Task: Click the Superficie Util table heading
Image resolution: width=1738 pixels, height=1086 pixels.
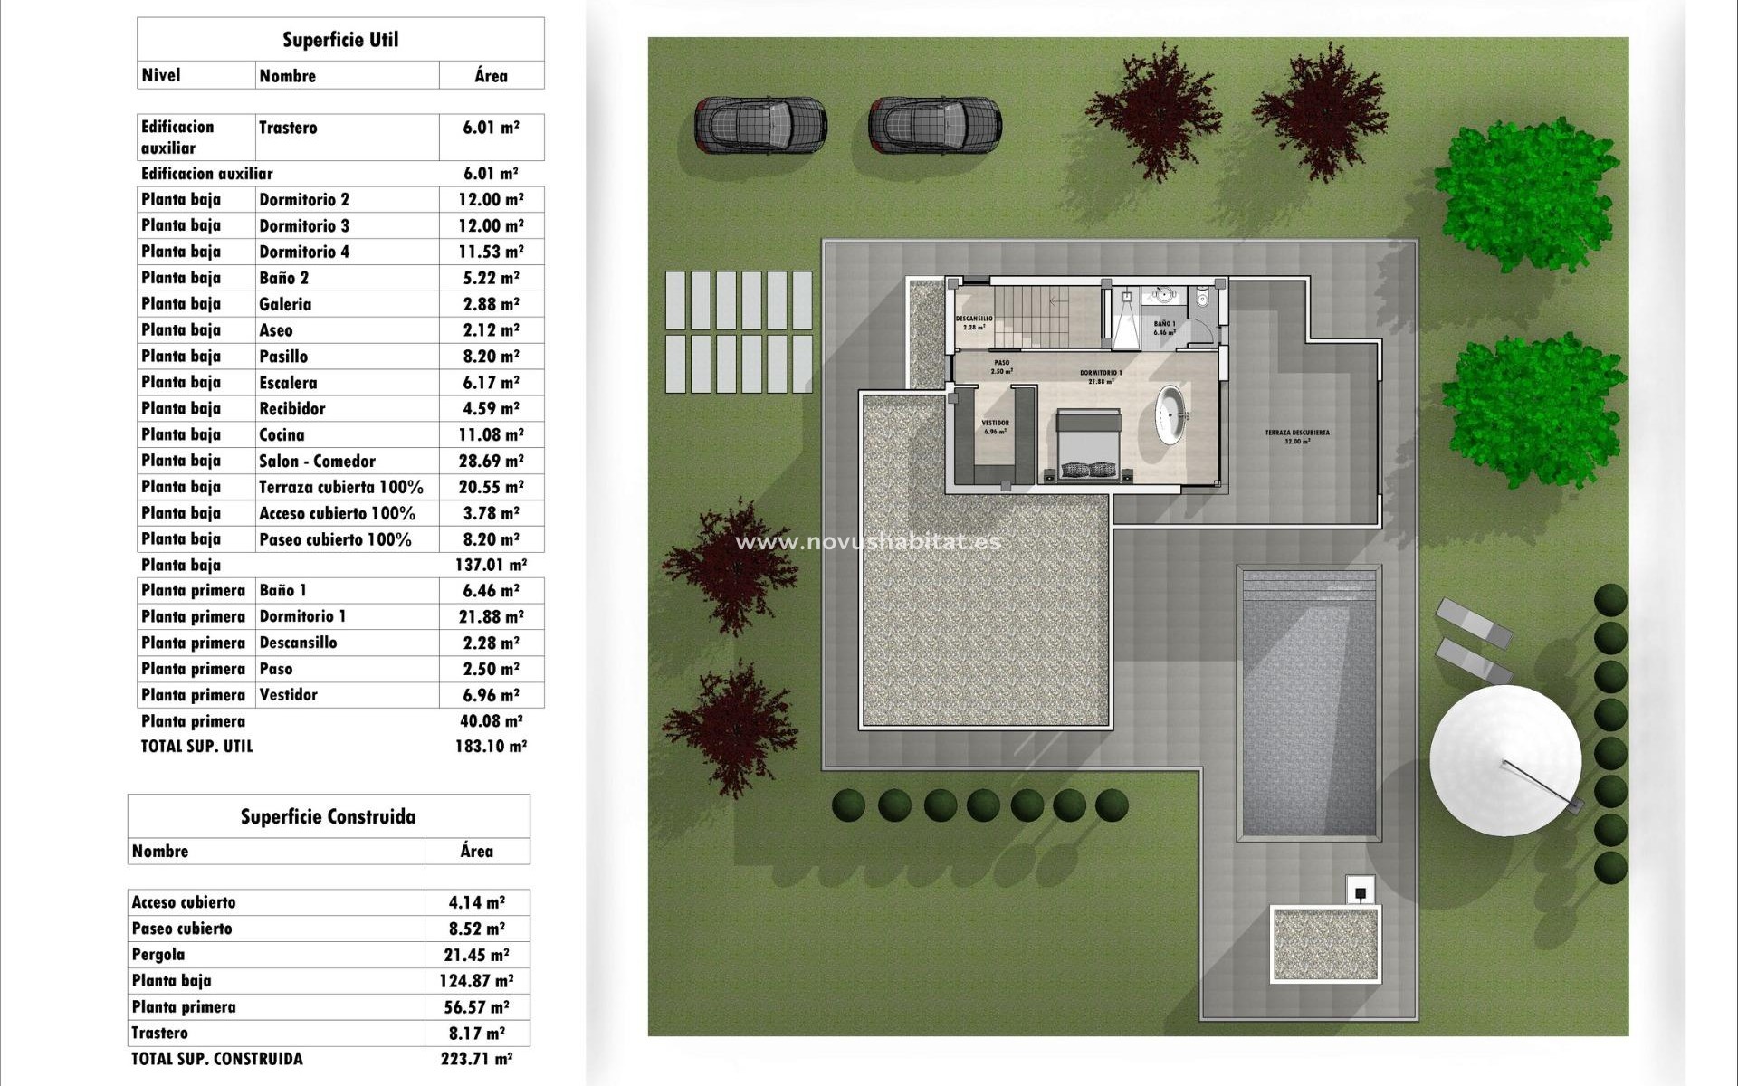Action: point(340,40)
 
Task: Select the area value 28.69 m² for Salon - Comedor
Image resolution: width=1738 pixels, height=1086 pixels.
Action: point(491,461)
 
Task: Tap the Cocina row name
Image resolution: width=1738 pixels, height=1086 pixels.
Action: point(282,434)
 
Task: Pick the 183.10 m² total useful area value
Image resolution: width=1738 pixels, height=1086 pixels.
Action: point(491,747)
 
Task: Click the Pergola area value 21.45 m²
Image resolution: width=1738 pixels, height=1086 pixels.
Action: point(477,955)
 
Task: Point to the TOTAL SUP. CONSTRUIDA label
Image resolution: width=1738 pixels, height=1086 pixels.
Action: point(217,1059)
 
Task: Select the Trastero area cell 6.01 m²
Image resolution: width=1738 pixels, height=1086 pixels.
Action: point(491,128)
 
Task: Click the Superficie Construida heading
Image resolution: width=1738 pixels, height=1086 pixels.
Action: point(328,817)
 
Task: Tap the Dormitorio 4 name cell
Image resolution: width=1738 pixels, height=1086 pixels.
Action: point(304,252)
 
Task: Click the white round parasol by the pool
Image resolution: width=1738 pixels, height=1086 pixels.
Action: point(1505,759)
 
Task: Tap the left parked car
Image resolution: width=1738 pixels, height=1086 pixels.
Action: point(760,125)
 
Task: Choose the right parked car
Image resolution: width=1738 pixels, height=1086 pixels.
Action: point(934,125)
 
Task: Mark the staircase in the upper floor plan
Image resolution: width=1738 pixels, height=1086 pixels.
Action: point(1050,315)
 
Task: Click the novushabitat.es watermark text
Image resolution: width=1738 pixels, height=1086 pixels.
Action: point(868,541)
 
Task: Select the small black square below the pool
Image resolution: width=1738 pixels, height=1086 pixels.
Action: point(1361,893)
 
